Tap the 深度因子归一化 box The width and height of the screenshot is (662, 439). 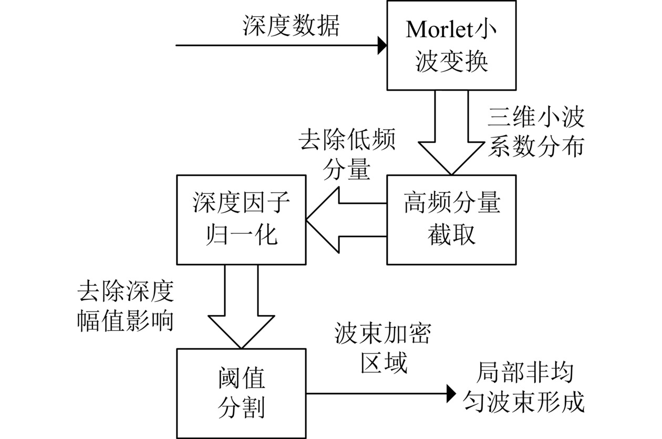[x=241, y=219]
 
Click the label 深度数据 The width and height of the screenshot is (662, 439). [x=291, y=26]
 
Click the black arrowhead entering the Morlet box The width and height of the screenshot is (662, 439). [x=381, y=45]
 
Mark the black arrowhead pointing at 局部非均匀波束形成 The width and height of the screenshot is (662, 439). [x=451, y=392]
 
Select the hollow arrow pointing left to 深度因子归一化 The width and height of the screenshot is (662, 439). [x=344, y=219]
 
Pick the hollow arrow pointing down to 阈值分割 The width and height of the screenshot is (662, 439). [x=241, y=310]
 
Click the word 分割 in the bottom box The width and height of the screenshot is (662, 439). [x=241, y=407]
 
